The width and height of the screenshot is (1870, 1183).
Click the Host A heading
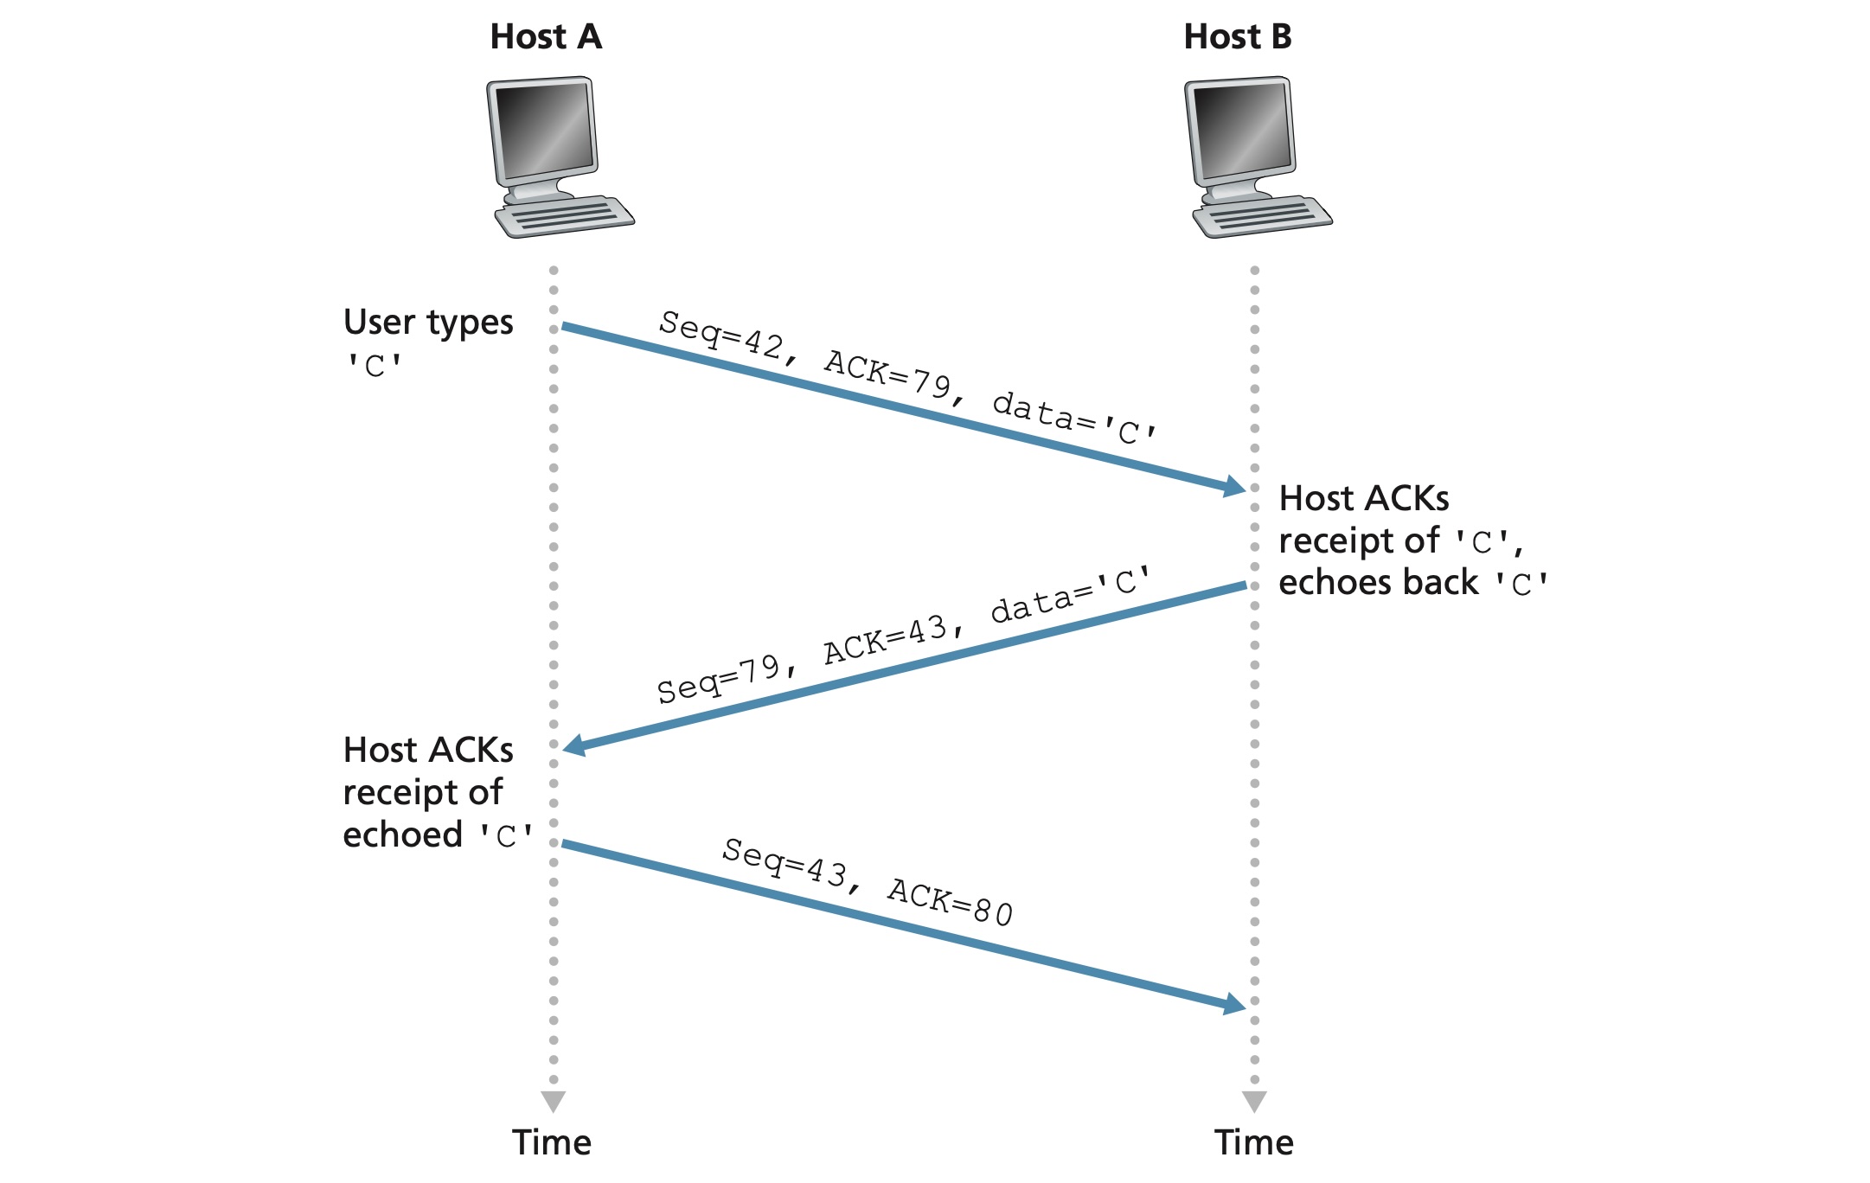pyautogui.click(x=546, y=37)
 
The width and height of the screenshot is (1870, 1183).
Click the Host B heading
pyautogui.click(x=1238, y=37)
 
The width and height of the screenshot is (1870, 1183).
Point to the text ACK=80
pyautogui.click(x=950, y=902)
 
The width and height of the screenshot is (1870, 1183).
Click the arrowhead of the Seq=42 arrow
pyautogui.click(x=1235, y=486)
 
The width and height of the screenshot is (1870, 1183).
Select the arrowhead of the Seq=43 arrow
pyautogui.click(x=1235, y=1004)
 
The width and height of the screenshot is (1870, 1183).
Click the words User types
pyautogui.click(x=428, y=323)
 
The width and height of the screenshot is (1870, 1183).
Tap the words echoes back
pyautogui.click(x=1378, y=583)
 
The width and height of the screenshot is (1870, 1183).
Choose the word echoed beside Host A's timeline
pyautogui.click(x=403, y=835)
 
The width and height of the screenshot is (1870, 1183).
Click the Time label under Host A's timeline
pyautogui.click(x=552, y=1143)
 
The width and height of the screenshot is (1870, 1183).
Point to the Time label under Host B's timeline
pyautogui.click(x=1254, y=1143)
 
